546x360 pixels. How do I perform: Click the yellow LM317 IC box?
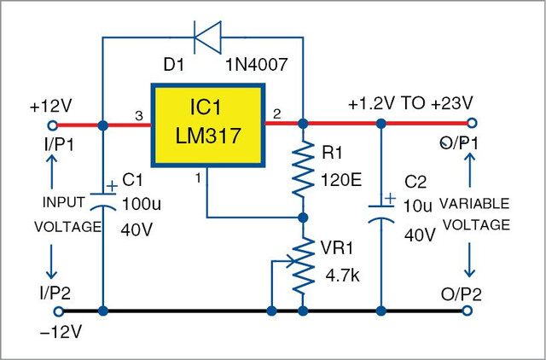[208, 125]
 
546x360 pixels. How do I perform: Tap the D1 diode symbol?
[207, 38]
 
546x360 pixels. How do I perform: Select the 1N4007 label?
[257, 65]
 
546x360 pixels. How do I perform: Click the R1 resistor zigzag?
[304, 170]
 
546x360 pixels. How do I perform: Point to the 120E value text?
[341, 180]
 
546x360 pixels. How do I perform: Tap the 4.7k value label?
[343, 276]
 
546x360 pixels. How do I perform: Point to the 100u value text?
[142, 205]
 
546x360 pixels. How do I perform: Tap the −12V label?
[61, 333]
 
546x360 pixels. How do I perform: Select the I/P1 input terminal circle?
[52, 125]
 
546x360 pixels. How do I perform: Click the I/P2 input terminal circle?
[59, 311]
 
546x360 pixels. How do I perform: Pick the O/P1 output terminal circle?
[472, 123]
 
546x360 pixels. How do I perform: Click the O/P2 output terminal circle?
[468, 311]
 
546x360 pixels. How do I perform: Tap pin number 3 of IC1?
[139, 116]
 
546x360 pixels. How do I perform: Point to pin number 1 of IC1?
[198, 178]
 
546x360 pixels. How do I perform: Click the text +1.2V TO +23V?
[410, 103]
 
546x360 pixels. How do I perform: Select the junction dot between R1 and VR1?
[304, 218]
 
